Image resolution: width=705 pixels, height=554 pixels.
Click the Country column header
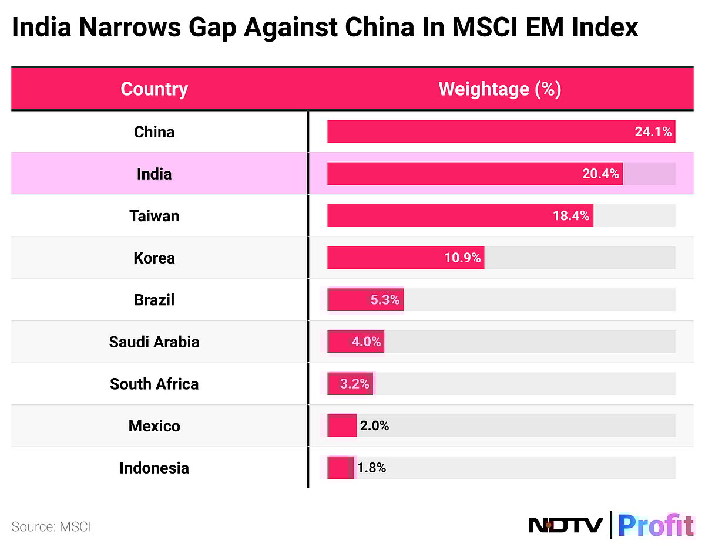154,89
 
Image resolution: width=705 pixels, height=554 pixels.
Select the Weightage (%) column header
500,89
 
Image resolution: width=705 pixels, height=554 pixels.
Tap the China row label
154,131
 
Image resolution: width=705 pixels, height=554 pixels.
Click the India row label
154,174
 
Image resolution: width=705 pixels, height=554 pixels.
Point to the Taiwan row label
154,216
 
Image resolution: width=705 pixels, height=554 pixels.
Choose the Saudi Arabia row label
154,342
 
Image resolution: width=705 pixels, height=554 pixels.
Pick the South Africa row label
154,384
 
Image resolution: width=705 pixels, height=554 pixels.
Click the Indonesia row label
154,468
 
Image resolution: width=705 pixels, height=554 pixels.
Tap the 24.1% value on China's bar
653,131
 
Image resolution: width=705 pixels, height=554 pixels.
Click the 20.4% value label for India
600,174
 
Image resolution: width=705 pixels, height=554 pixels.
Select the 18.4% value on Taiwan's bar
570,216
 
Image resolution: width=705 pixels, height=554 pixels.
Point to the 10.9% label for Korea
462,258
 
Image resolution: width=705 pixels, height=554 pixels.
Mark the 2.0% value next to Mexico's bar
374,426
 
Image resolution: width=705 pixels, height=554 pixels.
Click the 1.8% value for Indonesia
371,468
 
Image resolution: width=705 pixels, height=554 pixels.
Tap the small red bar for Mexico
342,426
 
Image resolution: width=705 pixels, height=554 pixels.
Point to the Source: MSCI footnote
52,526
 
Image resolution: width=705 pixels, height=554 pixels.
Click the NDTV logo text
565,525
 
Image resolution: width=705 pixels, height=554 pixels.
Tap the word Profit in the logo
655,525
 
